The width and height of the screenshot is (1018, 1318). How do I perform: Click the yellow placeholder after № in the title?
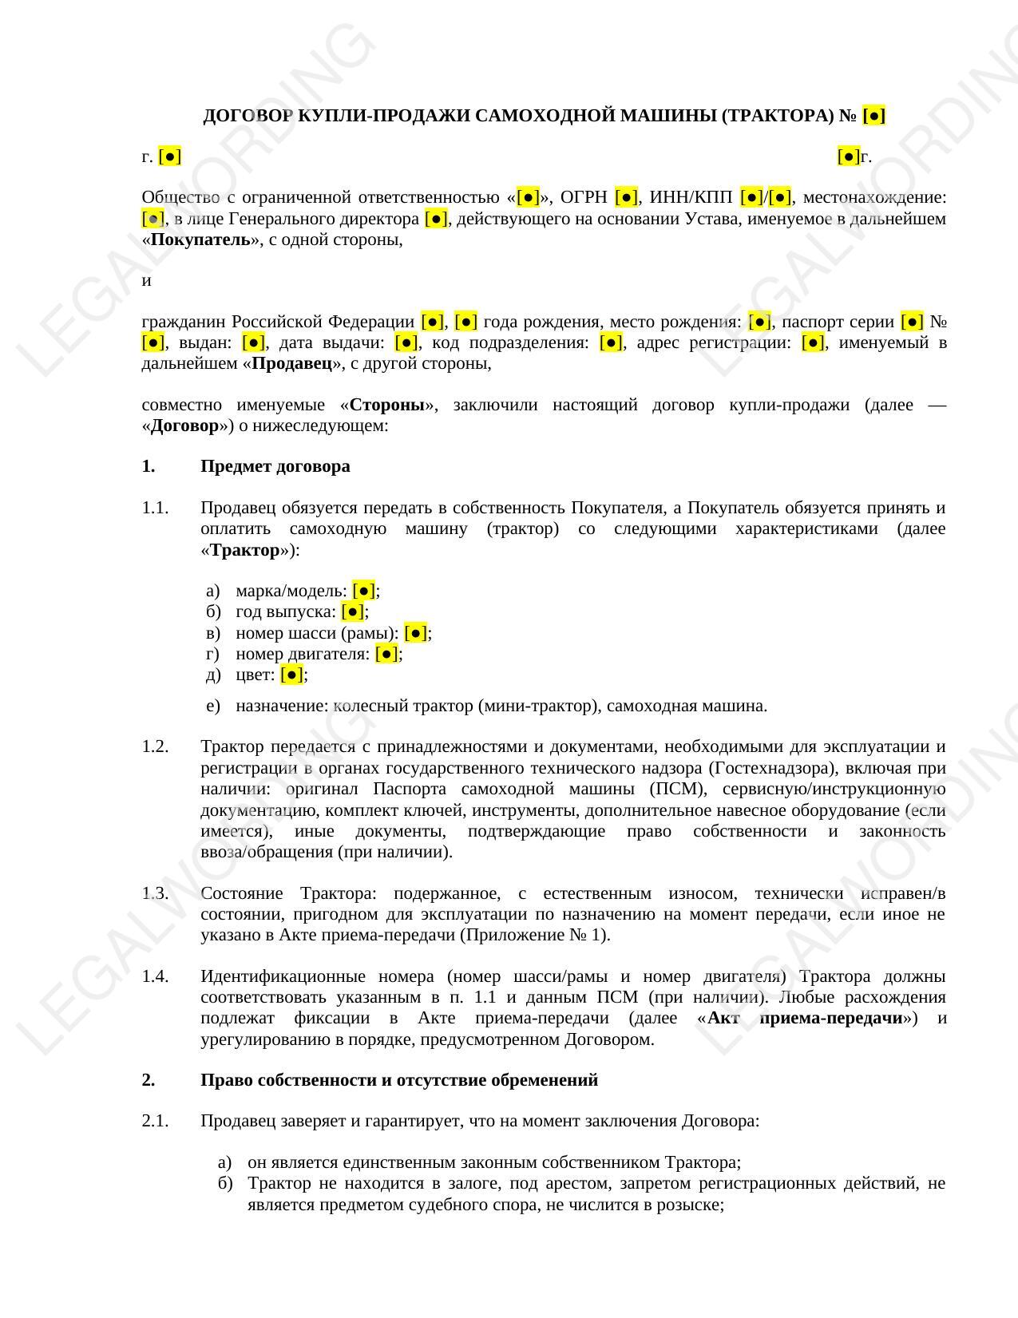874,116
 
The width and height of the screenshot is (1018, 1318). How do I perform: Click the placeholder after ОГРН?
627,197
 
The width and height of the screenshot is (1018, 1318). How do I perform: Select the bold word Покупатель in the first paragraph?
200,239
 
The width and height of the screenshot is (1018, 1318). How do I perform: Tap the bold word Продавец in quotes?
291,363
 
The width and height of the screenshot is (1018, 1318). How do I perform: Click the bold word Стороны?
387,405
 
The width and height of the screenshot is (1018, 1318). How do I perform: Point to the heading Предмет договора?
275,466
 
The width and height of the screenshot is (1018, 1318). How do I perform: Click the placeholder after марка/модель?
363,591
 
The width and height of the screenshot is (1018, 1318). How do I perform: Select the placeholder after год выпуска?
352,612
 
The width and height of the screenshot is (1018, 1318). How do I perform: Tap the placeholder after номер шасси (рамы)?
415,633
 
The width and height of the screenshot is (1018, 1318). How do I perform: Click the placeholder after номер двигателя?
386,654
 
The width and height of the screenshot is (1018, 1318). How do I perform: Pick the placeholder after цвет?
292,675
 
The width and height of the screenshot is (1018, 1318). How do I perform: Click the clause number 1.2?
156,746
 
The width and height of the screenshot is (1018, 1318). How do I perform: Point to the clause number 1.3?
156,893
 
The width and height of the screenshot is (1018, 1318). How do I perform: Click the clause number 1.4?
156,976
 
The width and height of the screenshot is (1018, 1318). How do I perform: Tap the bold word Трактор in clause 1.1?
245,550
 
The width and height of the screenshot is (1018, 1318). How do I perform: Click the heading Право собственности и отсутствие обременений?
398,1080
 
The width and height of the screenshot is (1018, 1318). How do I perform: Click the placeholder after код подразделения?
611,342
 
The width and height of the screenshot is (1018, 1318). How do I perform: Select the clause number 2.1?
156,1121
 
